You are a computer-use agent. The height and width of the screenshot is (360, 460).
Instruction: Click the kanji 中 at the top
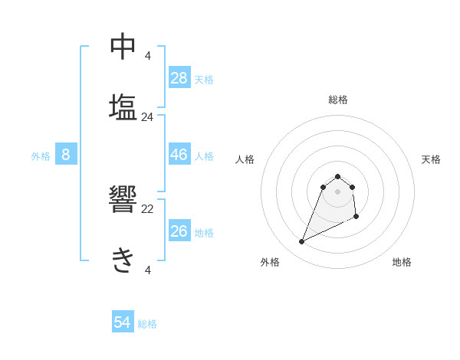click(123, 47)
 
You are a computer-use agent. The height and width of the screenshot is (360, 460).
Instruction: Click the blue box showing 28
click(179, 77)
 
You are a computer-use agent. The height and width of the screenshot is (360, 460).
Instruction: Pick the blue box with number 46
click(179, 155)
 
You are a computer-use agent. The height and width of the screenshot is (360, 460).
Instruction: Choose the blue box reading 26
click(179, 231)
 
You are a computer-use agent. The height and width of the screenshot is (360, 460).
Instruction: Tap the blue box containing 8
click(66, 155)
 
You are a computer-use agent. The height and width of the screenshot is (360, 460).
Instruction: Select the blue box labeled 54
click(123, 322)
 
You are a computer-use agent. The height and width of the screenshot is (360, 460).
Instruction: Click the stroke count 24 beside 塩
click(148, 117)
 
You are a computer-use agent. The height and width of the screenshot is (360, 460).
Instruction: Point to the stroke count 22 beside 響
click(148, 209)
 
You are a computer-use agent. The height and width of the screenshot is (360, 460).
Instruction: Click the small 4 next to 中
click(148, 55)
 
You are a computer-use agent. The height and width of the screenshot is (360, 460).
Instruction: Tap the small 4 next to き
click(148, 270)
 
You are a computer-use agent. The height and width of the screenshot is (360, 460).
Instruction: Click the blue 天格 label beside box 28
click(204, 79)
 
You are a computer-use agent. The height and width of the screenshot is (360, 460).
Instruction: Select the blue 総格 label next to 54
click(147, 324)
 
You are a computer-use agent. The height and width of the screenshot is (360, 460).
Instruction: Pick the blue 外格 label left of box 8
click(41, 156)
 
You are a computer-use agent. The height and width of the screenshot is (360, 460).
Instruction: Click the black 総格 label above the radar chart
click(338, 100)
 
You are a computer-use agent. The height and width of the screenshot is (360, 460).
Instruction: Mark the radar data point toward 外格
click(301, 242)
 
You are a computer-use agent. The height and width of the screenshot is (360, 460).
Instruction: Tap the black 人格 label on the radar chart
click(245, 159)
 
